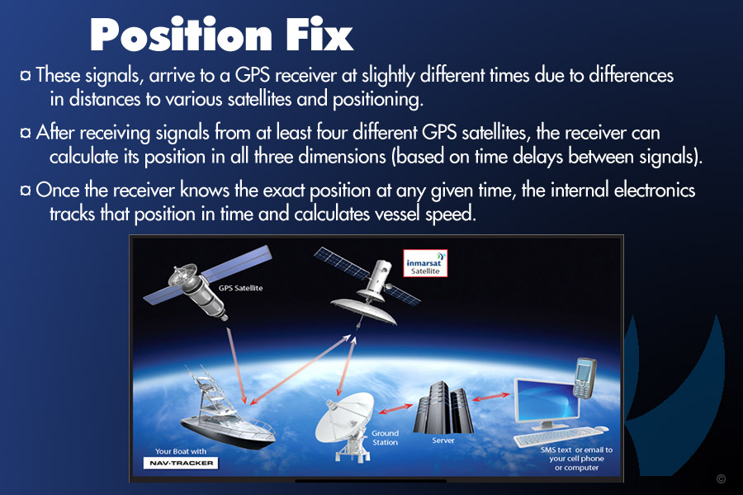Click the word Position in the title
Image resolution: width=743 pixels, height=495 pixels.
click(x=181, y=35)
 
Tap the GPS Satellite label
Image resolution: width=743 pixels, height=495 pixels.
click(x=240, y=288)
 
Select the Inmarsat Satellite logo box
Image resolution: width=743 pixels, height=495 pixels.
click(x=425, y=263)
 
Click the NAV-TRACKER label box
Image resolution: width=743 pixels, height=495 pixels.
click(x=181, y=463)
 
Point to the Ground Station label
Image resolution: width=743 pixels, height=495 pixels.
click(x=385, y=438)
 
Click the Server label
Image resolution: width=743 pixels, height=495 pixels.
click(x=443, y=441)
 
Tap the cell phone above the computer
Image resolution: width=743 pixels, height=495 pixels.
click(x=584, y=379)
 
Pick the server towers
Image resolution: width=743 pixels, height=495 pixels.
click(x=443, y=408)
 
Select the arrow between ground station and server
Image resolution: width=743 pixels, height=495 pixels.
click(x=395, y=409)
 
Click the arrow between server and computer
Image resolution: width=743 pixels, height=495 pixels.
click(x=491, y=397)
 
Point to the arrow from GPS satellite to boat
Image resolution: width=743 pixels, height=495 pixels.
click(x=236, y=365)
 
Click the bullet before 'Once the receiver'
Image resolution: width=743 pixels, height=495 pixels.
click(x=26, y=191)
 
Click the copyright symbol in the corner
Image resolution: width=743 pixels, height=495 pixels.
click(x=721, y=478)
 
